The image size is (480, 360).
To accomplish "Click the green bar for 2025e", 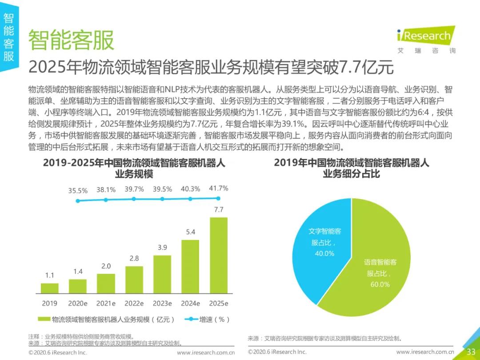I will (219, 255).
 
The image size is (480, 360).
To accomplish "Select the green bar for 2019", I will (49, 288).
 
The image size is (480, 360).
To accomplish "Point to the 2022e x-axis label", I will (134, 304).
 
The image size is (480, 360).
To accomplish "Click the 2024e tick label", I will (190, 304).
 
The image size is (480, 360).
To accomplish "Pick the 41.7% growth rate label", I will (219, 188).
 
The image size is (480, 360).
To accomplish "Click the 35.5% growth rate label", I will (78, 190).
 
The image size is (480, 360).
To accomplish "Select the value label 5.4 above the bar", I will (190, 232).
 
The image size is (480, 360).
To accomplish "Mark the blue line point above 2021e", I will (106, 200).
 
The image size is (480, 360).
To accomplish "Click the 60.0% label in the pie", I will (380, 284).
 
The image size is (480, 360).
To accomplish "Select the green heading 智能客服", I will (72, 40).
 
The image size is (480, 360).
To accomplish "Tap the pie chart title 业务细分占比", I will (351, 174).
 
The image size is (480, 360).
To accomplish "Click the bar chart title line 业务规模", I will (134, 174).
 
